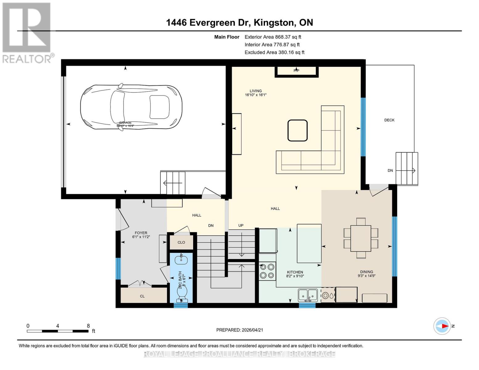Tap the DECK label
389,120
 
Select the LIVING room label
255,91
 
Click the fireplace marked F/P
296,71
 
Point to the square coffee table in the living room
297,130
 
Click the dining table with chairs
361,238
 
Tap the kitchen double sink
308,295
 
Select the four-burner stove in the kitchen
267,271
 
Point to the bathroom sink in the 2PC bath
181,260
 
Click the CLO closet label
181,242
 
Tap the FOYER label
141,233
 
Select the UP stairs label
241,225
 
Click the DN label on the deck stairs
390,171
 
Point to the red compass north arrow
444,326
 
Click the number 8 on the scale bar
88,326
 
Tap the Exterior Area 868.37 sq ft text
273,37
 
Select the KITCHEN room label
295,272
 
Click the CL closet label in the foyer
142,296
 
